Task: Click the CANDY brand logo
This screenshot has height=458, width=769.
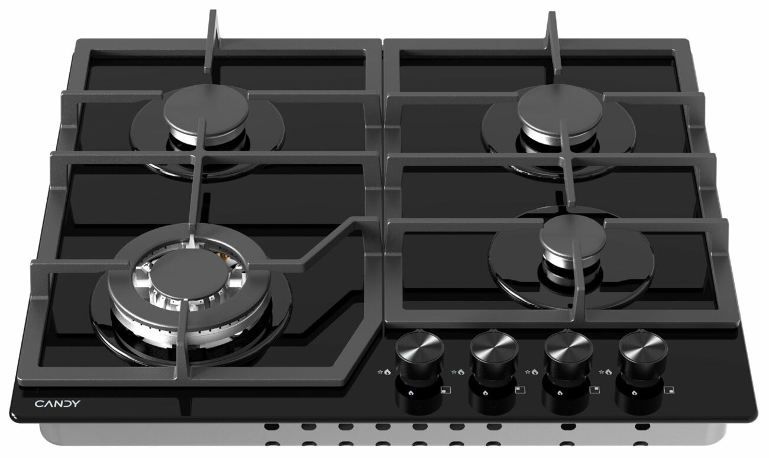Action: tap(57, 404)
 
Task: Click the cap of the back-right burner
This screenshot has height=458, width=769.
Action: tap(560, 111)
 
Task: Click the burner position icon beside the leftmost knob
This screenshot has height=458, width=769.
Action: tap(445, 390)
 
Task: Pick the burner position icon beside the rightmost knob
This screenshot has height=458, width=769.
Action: tap(669, 390)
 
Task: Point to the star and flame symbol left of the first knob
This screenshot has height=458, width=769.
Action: tap(384, 372)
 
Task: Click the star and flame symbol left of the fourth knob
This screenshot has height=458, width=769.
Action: tap(605, 372)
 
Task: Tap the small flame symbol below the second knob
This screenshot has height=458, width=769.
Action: tap(485, 393)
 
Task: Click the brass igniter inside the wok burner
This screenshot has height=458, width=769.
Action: tap(224, 255)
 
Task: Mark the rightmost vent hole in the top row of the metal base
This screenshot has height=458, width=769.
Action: tap(642, 427)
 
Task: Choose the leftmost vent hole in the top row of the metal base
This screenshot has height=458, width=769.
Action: tap(272, 427)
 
